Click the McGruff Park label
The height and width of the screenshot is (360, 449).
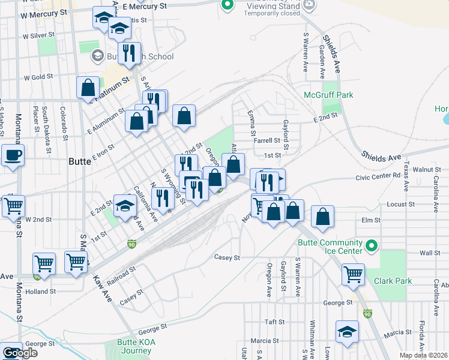(328, 95)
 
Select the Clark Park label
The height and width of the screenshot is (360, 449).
(393, 280)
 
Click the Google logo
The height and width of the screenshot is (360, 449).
(20, 353)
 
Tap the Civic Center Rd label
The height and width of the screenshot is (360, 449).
(377, 176)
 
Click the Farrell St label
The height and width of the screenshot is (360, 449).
(267, 141)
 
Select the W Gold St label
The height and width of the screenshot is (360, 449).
(38, 77)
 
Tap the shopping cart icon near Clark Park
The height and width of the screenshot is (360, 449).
(354, 275)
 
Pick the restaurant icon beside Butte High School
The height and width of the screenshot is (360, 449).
(129, 53)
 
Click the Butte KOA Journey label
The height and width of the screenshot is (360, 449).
(128, 347)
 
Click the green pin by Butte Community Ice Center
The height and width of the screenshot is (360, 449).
(371, 246)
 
